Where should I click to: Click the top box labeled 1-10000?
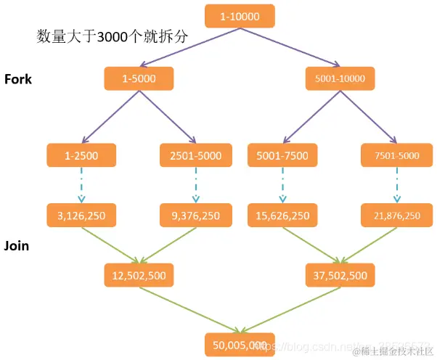coord(239,16)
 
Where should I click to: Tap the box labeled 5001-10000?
coord(340,78)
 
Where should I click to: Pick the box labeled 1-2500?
coord(82,155)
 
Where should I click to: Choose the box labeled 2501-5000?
coord(195,155)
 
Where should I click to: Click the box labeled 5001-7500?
coord(283,155)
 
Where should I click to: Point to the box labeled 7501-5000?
coord(396,155)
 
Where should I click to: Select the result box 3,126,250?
coord(82,216)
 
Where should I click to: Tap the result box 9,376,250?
coord(195,216)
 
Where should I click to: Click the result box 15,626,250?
coord(283,216)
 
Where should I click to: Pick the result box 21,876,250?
coord(396,216)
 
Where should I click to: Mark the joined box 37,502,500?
coord(340,276)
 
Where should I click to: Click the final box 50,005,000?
coord(239,345)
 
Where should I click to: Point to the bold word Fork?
coord(18,79)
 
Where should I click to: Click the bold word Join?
coord(17,246)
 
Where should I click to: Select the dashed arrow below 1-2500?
coord(82,185)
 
